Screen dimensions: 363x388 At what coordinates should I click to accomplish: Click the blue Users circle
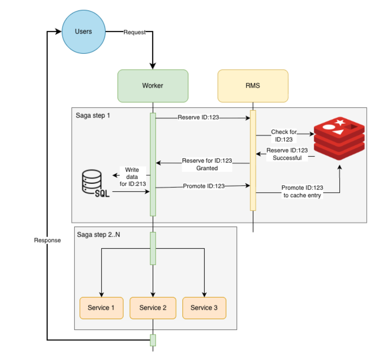(84, 32)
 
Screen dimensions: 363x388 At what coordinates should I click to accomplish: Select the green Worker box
(153, 86)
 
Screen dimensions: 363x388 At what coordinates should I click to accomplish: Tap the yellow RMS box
(253, 86)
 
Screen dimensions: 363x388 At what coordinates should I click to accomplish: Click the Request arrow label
(134, 32)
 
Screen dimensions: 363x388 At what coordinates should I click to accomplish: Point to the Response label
(47, 240)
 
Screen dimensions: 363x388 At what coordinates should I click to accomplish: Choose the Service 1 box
(101, 308)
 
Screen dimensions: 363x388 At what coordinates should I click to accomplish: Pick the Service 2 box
(153, 308)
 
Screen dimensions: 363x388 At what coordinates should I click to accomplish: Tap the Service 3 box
(204, 308)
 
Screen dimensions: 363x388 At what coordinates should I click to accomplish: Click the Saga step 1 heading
(93, 116)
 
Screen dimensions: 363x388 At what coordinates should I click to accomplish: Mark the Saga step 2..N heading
(98, 235)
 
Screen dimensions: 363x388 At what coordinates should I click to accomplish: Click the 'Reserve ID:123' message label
(198, 117)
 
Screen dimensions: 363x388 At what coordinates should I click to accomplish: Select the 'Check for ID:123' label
(284, 136)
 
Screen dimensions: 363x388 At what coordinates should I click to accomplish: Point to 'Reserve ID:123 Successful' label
(287, 154)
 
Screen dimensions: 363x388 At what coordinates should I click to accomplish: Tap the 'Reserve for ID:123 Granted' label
(207, 164)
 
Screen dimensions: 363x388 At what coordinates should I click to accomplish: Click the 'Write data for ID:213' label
(132, 177)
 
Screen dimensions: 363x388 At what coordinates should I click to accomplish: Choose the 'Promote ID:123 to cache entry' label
(302, 191)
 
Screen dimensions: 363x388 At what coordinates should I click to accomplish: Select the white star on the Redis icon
(340, 122)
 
